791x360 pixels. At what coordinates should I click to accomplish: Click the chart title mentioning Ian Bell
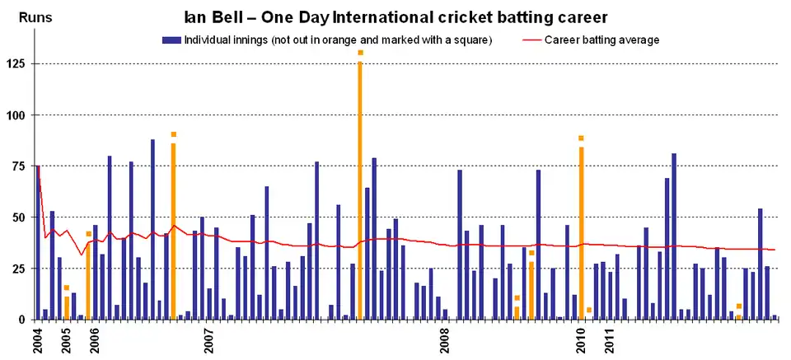[x=395, y=16]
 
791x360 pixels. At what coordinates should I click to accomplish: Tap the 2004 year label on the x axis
[x=38, y=341]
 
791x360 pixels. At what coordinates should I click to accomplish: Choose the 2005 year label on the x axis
[x=67, y=341]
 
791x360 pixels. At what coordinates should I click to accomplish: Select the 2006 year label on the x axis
[x=96, y=341]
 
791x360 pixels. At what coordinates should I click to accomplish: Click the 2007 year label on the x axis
[x=210, y=341]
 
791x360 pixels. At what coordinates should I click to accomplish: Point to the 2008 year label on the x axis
[x=446, y=341]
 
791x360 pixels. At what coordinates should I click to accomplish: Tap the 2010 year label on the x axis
[x=582, y=341]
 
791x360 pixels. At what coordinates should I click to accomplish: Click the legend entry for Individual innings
[x=330, y=40]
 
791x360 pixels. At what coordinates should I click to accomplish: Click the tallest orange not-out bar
[x=360, y=189]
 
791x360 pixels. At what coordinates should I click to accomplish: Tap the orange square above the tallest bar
[x=360, y=53]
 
